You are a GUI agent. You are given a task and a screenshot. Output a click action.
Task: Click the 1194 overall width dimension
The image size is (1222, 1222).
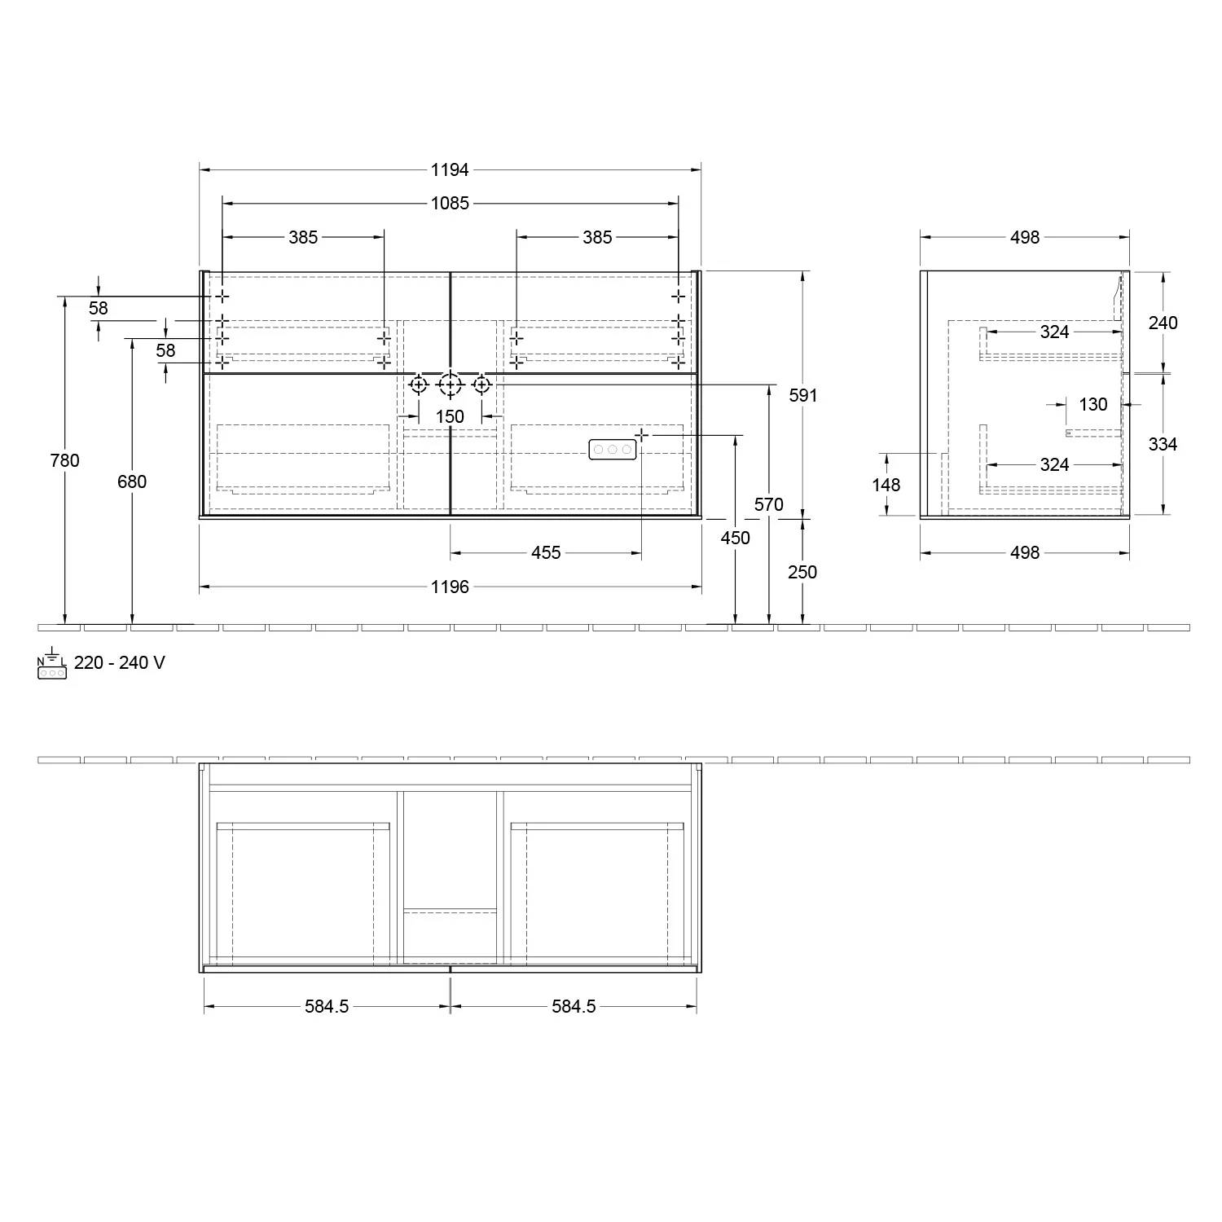(450, 169)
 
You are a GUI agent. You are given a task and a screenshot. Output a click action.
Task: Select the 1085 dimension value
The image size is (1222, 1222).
(450, 203)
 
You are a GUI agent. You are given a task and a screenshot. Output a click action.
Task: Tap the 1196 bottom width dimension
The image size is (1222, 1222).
(450, 587)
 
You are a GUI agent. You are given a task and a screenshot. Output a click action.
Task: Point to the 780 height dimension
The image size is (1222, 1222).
(65, 460)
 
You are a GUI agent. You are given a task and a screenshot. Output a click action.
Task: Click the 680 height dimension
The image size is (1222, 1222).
(132, 481)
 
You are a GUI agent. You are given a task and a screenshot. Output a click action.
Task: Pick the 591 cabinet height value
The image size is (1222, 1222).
(803, 395)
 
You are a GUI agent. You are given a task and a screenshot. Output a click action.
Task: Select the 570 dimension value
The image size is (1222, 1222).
(768, 504)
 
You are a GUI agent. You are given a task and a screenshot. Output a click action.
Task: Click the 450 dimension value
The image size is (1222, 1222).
(735, 538)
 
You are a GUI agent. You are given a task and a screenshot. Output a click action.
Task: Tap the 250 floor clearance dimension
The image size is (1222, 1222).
(802, 572)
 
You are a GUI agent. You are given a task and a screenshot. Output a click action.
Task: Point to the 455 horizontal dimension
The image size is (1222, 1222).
(546, 552)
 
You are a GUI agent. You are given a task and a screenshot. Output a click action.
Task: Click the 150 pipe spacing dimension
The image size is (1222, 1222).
(450, 416)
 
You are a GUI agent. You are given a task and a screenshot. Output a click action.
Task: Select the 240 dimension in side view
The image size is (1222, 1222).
(1163, 323)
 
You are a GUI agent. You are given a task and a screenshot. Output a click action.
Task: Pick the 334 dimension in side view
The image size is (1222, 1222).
(1163, 444)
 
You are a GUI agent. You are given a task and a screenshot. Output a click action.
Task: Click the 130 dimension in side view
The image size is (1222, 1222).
(1093, 404)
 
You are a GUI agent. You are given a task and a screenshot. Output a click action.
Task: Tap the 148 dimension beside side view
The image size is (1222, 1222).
(886, 485)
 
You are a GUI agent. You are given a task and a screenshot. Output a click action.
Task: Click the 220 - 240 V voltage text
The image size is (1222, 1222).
(119, 662)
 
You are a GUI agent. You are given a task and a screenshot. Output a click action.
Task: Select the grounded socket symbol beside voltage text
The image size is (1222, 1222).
(51, 664)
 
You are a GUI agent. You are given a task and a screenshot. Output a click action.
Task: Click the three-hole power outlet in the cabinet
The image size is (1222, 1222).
(611, 450)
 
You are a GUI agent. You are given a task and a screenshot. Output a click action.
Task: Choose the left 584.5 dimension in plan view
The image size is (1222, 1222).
(327, 1006)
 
